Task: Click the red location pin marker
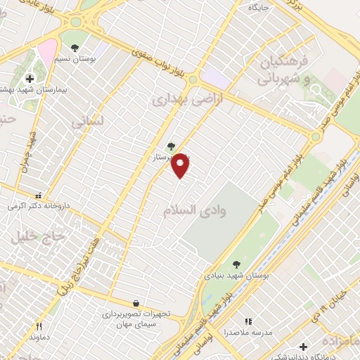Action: (181, 165)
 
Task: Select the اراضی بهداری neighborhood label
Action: (179, 101)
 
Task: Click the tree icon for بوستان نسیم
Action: (75, 49)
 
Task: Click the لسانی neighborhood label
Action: (87, 122)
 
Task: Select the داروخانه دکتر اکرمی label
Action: (32, 207)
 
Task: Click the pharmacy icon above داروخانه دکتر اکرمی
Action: (38, 195)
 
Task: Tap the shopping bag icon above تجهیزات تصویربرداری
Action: (135, 303)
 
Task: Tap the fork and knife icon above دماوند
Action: (39, 326)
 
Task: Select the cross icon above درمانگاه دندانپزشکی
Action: (303, 346)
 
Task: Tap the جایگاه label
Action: (254, 8)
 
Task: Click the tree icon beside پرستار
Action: (171, 146)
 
